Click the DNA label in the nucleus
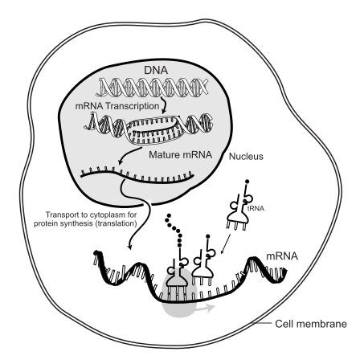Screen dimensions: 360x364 click(x=156, y=70)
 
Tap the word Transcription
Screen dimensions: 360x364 click(x=133, y=106)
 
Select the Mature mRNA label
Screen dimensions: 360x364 click(x=180, y=155)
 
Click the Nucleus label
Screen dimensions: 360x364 click(x=246, y=157)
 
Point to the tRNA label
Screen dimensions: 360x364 click(x=256, y=209)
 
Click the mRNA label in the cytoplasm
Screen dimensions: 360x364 click(x=282, y=256)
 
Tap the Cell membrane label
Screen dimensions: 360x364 click(x=311, y=324)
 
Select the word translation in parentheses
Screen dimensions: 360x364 click(x=116, y=223)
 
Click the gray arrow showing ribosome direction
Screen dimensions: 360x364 click(x=205, y=308)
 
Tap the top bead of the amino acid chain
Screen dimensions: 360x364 click(x=169, y=216)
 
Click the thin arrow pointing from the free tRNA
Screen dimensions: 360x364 click(x=226, y=243)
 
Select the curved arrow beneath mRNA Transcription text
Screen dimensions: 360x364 click(x=164, y=106)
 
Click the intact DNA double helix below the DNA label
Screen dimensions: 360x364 click(x=153, y=87)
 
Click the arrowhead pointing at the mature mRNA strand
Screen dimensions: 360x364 click(x=120, y=162)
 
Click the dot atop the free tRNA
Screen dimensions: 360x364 click(x=247, y=182)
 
